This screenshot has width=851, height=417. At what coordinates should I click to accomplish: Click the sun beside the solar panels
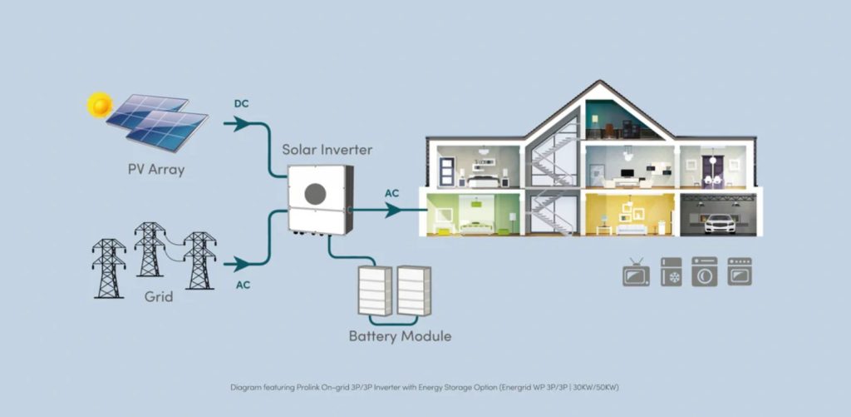pos(100,105)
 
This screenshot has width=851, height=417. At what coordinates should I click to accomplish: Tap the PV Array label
pos(156,171)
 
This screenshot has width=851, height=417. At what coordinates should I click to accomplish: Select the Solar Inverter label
pos(327,150)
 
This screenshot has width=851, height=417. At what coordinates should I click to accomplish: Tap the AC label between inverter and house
pos(391,193)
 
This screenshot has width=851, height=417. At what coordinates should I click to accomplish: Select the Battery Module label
pos(400,336)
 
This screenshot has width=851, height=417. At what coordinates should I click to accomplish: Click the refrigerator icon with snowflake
pos(671,271)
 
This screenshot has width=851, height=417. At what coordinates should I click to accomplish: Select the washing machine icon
pos(705,271)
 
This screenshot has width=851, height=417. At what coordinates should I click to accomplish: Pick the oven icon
pos(740,271)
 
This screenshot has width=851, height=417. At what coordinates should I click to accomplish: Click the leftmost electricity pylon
pos(109,268)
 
